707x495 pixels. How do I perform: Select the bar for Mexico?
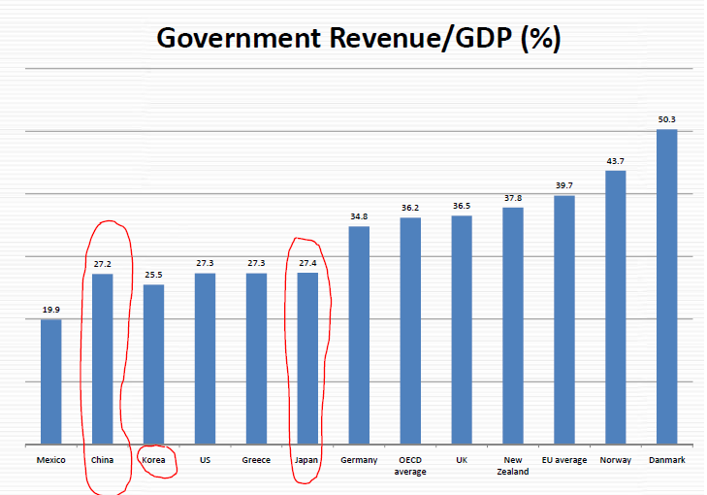[50, 381]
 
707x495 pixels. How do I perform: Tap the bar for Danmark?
[666, 286]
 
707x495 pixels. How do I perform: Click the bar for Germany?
[359, 335]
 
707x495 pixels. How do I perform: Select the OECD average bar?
[410, 331]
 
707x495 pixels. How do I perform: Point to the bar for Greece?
[256, 358]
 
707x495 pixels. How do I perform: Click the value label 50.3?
[666, 119]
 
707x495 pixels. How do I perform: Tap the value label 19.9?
[50, 310]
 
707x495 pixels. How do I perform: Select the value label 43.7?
[615, 161]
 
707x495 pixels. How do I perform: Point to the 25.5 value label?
[153, 275]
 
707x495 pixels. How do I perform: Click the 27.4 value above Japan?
[307, 263]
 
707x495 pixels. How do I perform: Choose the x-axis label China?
[102, 460]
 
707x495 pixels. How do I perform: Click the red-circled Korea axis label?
[153, 460]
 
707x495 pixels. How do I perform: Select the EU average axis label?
[563, 460]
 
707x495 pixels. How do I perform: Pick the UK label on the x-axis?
[462, 460]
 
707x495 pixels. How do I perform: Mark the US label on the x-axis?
[205, 460]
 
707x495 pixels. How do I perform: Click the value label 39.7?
[563, 185]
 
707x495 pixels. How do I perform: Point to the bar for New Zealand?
[513, 325]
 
